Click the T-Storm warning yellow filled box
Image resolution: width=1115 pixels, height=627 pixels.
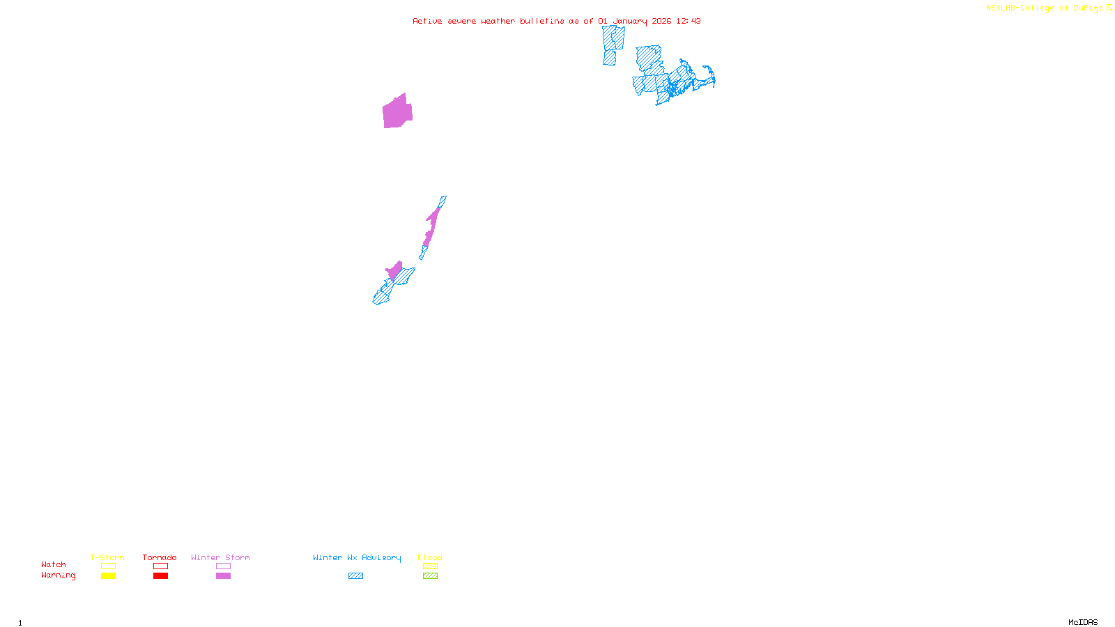click(x=108, y=576)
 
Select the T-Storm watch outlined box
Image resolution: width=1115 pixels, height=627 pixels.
click(x=108, y=566)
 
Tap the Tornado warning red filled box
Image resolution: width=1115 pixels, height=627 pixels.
click(x=160, y=576)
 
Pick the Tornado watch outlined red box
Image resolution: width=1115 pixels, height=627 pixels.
click(x=160, y=566)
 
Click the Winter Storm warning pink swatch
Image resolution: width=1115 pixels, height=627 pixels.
click(x=223, y=576)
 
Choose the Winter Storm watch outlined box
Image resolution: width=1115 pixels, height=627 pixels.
click(x=223, y=566)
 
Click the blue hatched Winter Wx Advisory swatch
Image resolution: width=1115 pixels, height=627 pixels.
click(x=355, y=576)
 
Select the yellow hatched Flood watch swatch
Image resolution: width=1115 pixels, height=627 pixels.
click(x=430, y=566)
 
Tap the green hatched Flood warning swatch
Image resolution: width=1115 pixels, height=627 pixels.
click(x=430, y=576)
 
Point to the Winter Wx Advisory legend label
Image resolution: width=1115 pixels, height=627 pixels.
click(x=357, y=557)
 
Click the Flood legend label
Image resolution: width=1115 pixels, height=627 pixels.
click(x=430, y=557)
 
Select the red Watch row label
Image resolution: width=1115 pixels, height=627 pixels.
click(x=54, y=565)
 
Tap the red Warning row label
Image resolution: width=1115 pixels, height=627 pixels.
click(x=58, y=575)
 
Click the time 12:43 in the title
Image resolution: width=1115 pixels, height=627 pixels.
click(x=688, y=21)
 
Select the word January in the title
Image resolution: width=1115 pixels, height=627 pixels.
click(x=630, y=21)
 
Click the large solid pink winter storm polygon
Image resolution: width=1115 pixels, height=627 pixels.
click(x=397, y=113)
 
